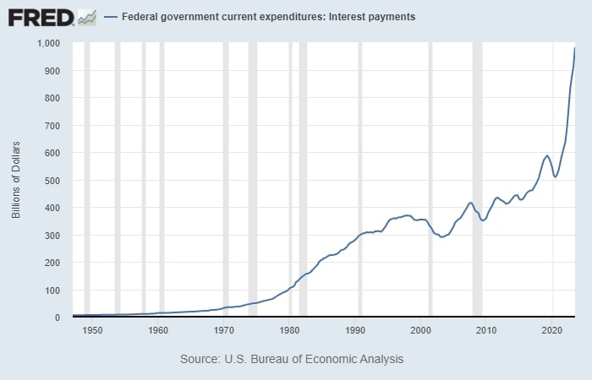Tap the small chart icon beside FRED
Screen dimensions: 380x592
pyautogui.click(x=86, y=16)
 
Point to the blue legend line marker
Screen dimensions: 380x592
pyautogui.click(x=111, y=17)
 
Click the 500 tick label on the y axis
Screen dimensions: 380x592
pyautogui.click(x=54, y=181)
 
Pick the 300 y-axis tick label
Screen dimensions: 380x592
pyautogui.click(x=54, y=236)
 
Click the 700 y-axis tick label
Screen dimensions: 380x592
pyautogui.click(x=54, y=126)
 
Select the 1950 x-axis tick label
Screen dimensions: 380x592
pyautogui.click(x=92, y=328)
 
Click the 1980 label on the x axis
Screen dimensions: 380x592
pyautogui.click(x=290, y=328)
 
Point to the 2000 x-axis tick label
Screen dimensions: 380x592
pyautogui.click(x=421, y=328)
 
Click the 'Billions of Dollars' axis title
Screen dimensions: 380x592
pyautogui.click(x=16, y=180)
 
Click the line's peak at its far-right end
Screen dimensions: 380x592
pyautogui.click(x=575, y=48)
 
